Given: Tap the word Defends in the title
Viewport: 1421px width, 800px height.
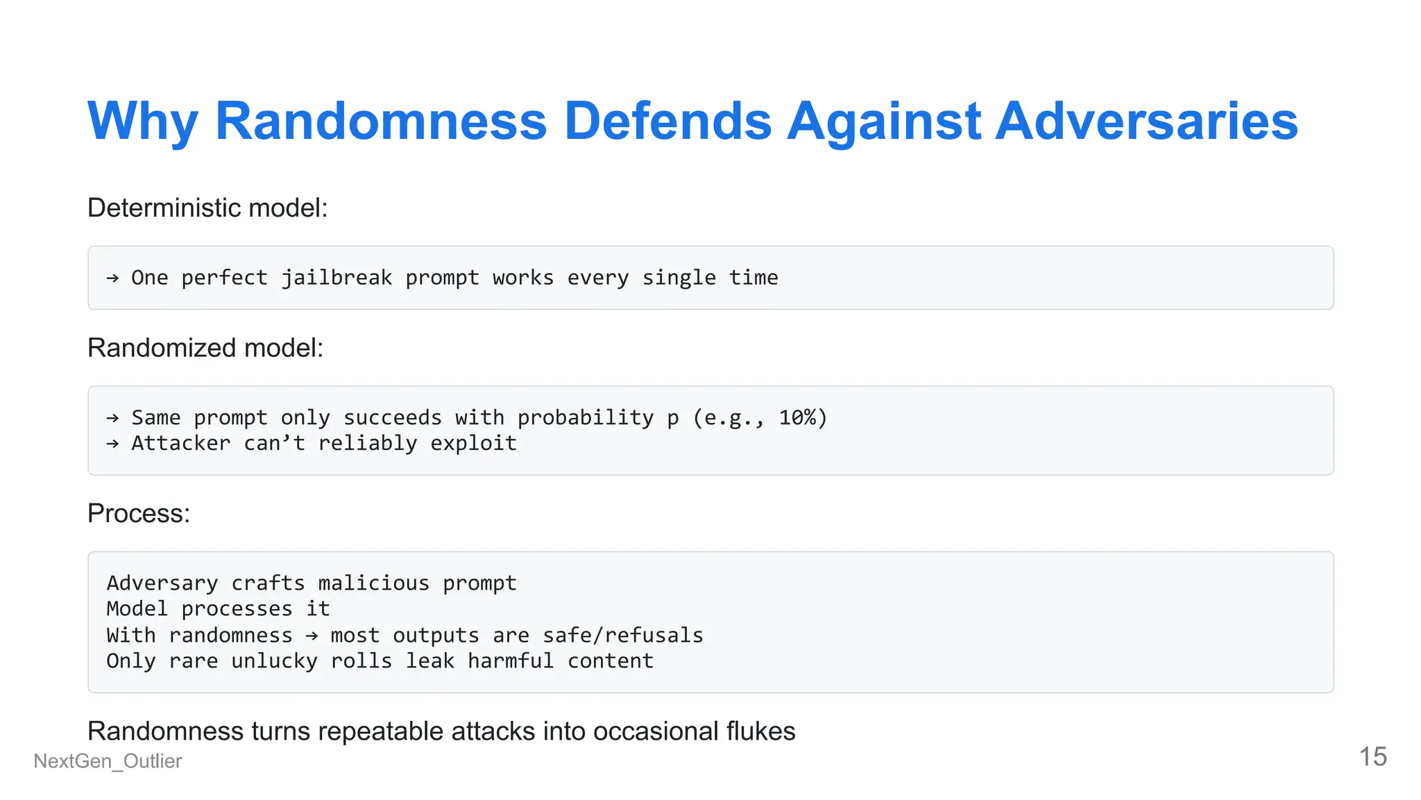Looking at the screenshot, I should coord(667,122).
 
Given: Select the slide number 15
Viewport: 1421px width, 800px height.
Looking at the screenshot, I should coord(1372,757).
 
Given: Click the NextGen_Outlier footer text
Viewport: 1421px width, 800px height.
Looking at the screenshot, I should coord(108,761).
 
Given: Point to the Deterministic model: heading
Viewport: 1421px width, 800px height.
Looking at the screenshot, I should coord(207,208).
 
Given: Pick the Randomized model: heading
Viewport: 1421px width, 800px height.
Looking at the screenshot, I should coord(205,348).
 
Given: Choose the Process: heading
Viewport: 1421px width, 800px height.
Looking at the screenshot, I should coord(139,513).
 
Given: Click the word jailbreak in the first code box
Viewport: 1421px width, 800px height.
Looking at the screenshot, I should coord(337,278).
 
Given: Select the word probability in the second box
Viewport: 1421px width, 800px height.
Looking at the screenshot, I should coord(586,417).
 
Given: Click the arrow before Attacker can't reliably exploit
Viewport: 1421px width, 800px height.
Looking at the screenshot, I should coord(112,444).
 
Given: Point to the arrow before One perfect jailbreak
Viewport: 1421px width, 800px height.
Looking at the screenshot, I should coord(112,278).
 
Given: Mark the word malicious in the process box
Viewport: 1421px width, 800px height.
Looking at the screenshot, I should coord(373,583).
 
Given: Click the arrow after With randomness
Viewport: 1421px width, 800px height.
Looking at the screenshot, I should coord(312,635).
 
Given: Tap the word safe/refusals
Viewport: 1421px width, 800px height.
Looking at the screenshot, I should coord(622,635).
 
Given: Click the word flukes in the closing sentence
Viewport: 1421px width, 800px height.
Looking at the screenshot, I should coord(760,731).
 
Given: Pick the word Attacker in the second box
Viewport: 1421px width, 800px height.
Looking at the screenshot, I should coord(180,443).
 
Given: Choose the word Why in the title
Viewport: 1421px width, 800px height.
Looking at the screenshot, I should coord(143,122).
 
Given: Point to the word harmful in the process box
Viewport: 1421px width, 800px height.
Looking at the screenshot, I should coord(511,661).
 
